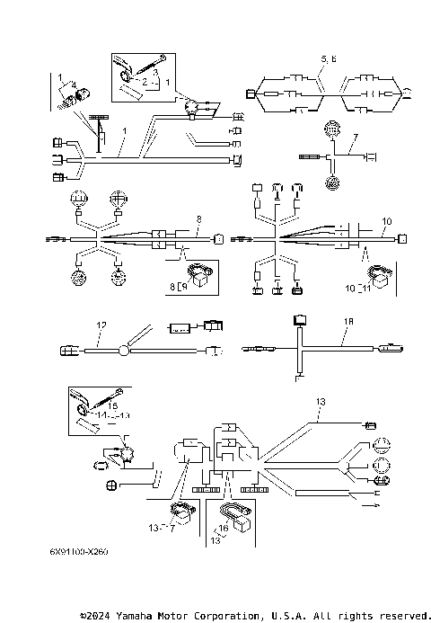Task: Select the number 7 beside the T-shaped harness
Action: (x=355, y=138)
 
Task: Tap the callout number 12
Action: (x=101, y=325)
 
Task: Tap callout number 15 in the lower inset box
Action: (x=111, y=406)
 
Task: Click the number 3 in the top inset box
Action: (x=154, y=72)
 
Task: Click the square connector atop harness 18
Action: (x=298, y=319)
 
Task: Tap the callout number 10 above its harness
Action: (x=386, y=220)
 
